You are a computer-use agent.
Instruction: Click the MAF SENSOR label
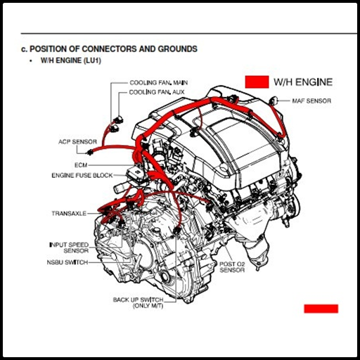coord(311,101)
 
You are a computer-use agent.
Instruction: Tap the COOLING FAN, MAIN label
coord(159,83)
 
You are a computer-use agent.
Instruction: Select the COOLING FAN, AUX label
coord(157,92)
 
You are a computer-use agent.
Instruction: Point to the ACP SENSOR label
coord(77,142)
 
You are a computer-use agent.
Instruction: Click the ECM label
coord(81,165)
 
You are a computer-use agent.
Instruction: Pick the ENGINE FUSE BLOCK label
coord(82,175)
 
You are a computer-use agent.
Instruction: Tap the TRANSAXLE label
coord(69,214)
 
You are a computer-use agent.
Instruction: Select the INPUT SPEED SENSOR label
coord(69,247)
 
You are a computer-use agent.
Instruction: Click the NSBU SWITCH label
coord(67,262)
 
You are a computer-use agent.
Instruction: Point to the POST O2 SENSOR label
coord(232,267)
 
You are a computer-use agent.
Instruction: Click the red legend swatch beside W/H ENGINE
coord(257,82)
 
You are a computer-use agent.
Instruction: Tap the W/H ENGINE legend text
coord(303,82)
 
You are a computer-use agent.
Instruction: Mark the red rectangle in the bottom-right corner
coord(321,309)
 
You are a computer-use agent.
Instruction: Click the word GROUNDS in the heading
coord(177,49)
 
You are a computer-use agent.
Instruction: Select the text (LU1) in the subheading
coord(91,60)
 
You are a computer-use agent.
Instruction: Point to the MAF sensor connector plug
coord(274,101)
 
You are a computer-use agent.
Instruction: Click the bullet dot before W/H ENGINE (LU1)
coord(31,60)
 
